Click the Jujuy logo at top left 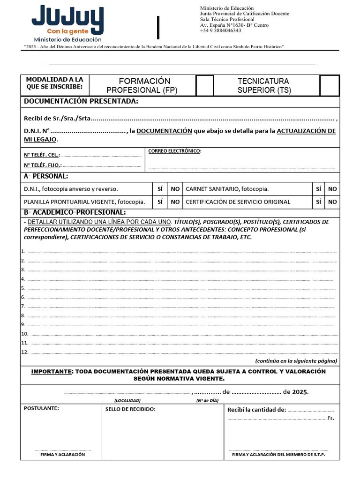click(x=67, y=23)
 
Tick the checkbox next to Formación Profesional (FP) click(x=204, y=85)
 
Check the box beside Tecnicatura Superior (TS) click(x=330, y=85)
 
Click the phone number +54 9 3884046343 click(x=221, y=31)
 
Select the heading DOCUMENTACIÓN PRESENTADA click(x=81, y=102)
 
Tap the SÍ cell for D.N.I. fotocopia click(x=160, y=189)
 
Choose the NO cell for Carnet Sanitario click(x=332, y=189)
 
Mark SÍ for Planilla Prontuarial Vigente click(x=160, y=202)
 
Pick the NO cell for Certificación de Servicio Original click(x=332, y=202)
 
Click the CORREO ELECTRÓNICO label click(x=175, y=151)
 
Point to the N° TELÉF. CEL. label click(x=42, y=155)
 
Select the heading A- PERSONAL click(x=46, y=176)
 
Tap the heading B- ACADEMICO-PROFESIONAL click(x=75, y=213)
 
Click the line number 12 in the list click(x=25, y=352)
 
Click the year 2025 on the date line click(x=300, y=392)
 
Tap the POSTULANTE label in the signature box click(x=41, y=408)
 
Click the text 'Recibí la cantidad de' click(x=256, y=410)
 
